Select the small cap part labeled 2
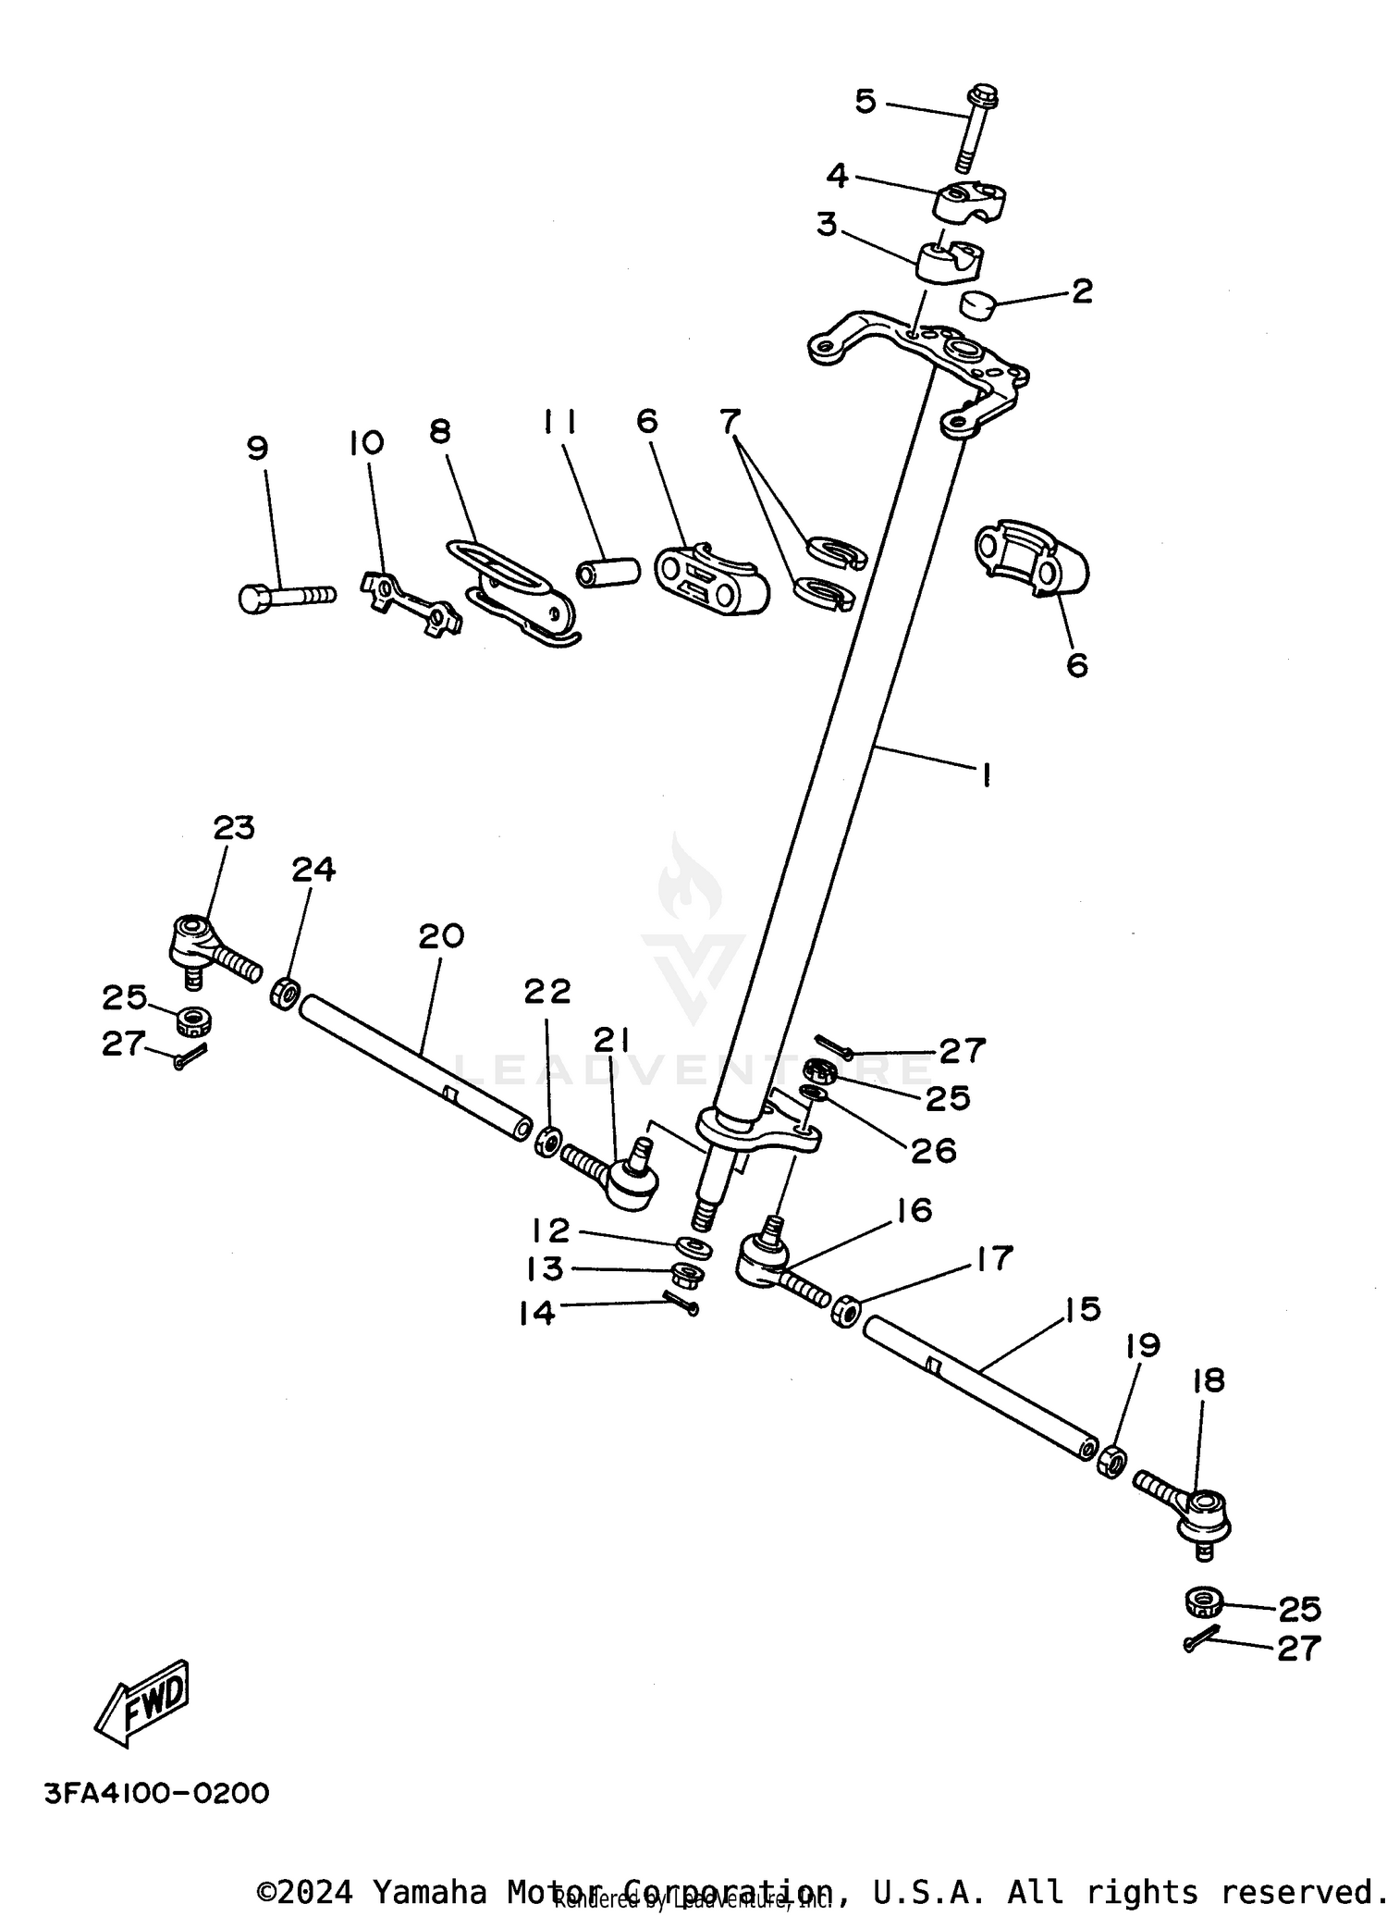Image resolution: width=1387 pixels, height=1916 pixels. pos(976,303)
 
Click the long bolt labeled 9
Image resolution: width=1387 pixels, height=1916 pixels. pos(285,596)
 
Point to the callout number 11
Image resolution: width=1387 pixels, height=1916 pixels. pos(559,423)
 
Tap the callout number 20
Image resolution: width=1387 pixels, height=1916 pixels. pos(440,936)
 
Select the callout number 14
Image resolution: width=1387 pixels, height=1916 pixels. pos(536,1312)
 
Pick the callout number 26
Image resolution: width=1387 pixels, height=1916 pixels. pos(933,1150)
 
